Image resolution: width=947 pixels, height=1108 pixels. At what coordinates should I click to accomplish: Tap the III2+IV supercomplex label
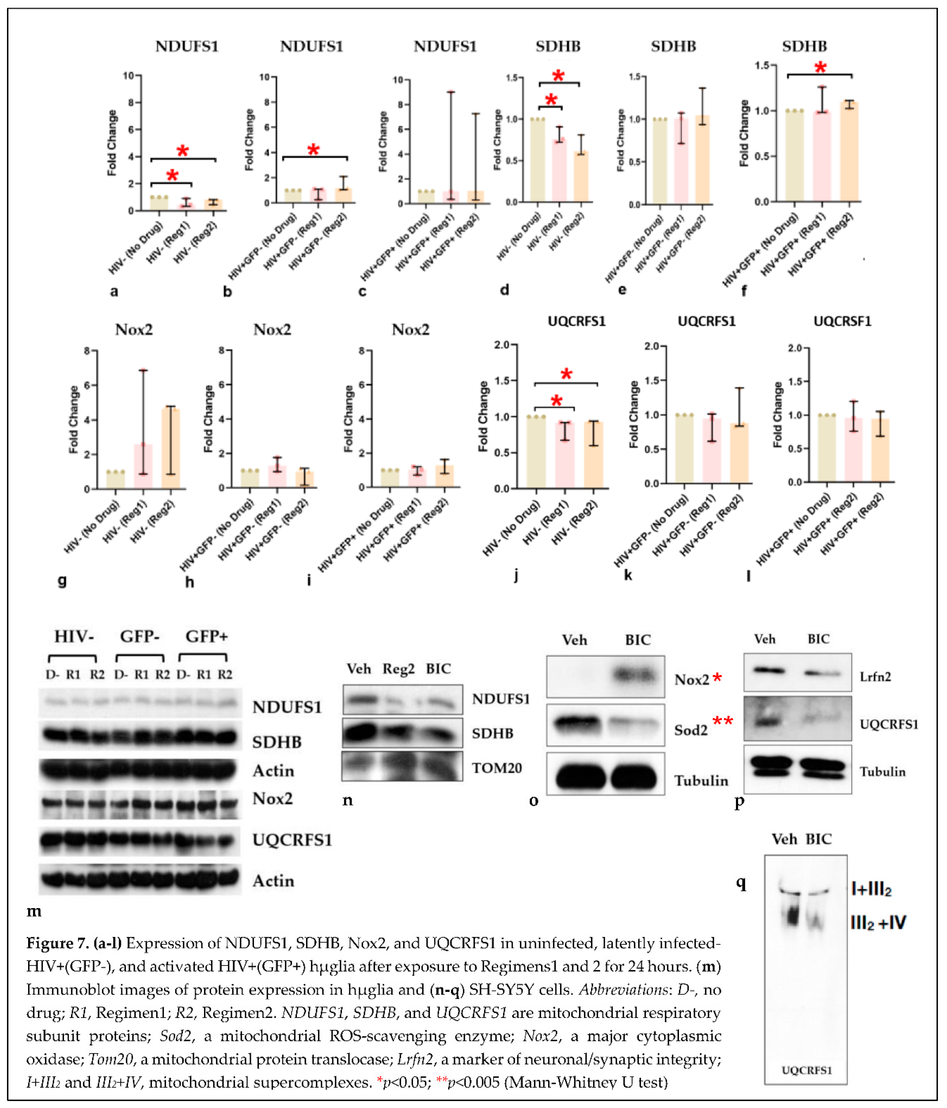click(878, 922)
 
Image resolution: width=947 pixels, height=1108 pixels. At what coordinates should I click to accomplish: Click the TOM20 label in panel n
click(497, 768)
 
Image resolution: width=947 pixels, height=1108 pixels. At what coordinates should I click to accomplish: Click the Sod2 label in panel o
click(691, 730)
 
